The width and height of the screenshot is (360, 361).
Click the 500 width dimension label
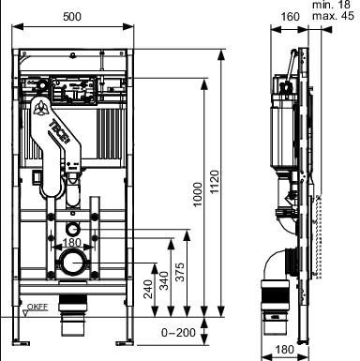coord(72,17)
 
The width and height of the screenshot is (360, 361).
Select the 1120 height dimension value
coord(215,182)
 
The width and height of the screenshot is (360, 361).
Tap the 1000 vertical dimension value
coord(198,194)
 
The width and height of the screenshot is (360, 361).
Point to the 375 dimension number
coord(180,272)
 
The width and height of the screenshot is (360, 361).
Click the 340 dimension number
coord(164,280)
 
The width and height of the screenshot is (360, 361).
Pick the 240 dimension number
coord(148,289)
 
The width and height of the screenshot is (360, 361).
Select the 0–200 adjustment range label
coord(178,332)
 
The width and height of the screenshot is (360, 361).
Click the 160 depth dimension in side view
coord(291,17)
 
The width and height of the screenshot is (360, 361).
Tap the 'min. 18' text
coord(332,5)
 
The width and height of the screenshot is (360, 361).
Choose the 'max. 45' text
coord(334,16)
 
